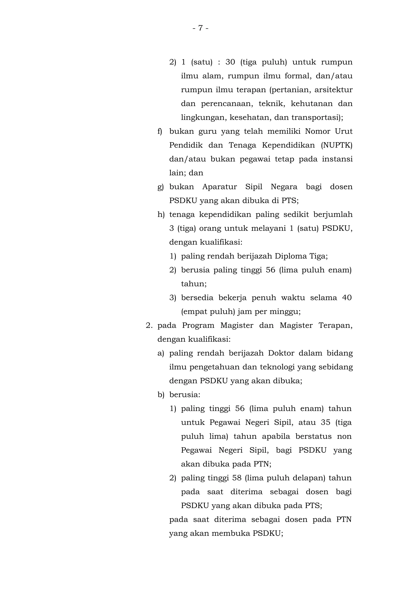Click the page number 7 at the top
click(x=200, y=28)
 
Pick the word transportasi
click(x=317, y=118)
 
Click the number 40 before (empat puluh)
click(x=347, y=298)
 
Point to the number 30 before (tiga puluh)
click(x=230, y=62)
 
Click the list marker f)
click(x=160, y=132)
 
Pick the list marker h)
click(x=161, y=215)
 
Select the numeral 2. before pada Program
click(x=149, y=326)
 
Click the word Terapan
click(x=335, y=326)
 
